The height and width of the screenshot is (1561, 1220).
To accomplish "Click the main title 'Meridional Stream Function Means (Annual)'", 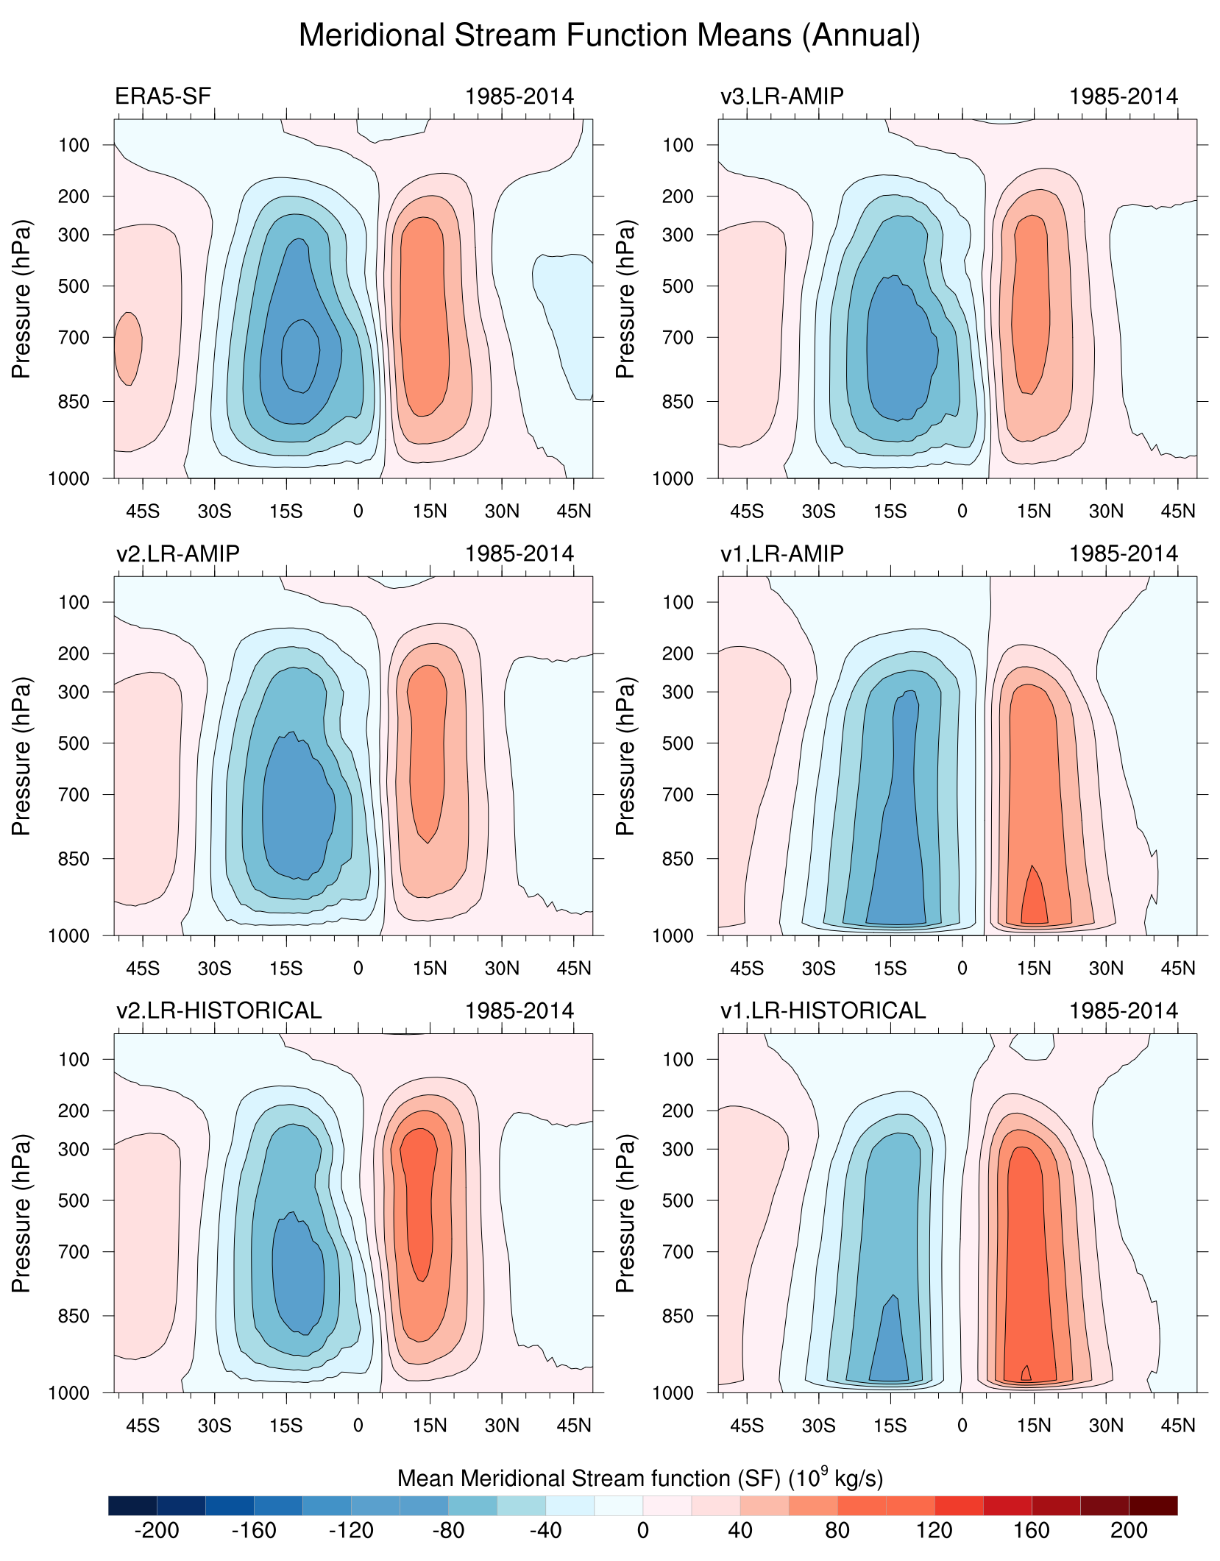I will click(x=609, y=35).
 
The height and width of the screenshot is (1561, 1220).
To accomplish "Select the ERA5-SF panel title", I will click(x=163, y=96).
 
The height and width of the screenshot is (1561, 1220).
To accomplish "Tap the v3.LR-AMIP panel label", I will click(x=781, y=96).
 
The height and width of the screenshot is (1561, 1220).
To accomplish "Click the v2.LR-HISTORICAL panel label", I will click(x=219, y=1010).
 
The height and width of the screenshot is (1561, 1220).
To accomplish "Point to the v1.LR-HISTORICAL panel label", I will click(x=823, y=1010).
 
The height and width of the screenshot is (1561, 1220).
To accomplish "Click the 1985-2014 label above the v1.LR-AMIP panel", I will click(x=1123, y=553).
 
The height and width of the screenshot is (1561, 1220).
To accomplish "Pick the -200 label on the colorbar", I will click(x=157, y=1530).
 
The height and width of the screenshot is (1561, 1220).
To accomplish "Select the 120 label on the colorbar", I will click(x=934, y=1530).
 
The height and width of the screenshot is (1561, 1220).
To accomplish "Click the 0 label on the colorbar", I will click(x=643, y=1530).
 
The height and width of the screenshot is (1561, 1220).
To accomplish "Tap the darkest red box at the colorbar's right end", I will click(x=1153, y=1505).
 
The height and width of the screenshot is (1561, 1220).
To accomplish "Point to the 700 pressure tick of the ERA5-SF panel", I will click(x=74, y=338).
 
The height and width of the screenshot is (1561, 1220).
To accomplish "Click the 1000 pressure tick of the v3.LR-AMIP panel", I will click(x=673, y=479).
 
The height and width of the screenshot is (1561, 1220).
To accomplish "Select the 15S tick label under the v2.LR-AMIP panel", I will click(x=286, y=968).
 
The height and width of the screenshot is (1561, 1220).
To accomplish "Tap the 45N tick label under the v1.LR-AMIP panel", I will click(x=1177, y=968).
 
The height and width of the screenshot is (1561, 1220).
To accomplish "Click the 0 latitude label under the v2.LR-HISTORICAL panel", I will click(x=358, y=1425).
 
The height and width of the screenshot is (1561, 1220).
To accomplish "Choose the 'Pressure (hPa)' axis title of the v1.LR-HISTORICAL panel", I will click(x=625, y=1213).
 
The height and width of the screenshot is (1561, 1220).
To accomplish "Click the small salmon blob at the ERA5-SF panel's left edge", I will click(x=128, y=347).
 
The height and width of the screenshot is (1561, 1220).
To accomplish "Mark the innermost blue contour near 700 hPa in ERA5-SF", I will click(x=300, y=356).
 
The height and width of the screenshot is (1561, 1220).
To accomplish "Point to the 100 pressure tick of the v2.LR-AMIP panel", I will click(x=74, y=602).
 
